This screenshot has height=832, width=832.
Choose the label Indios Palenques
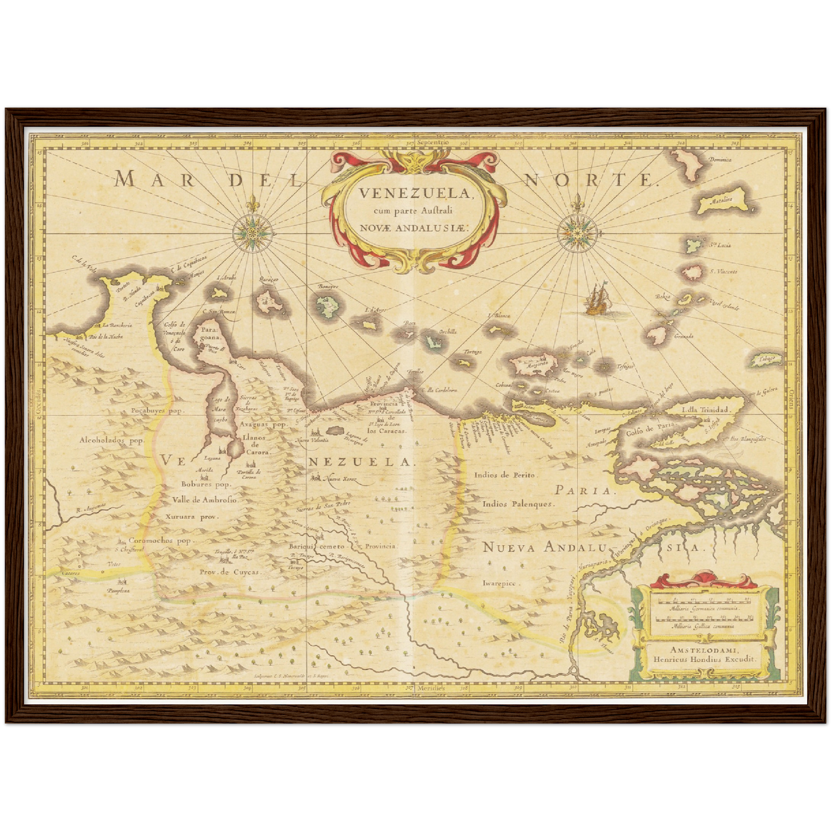click(x=518, y=504)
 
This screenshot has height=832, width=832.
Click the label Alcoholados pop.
click(x=112, y=440)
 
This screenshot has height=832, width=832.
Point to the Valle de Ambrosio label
click(x=201, y=500)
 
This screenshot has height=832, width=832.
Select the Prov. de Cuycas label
click(x=230, y=572)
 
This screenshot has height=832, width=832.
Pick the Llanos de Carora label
click(x=257, y=445)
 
